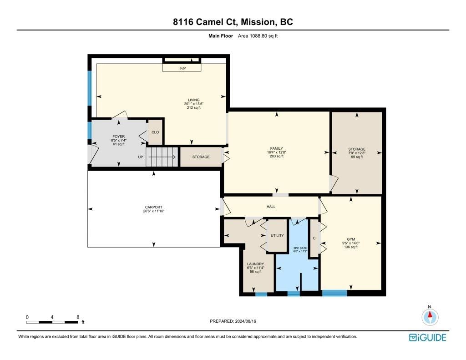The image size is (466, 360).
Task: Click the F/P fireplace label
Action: (183, 68)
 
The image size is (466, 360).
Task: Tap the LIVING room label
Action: (194, 100)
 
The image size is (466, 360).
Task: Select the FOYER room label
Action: (119, 137)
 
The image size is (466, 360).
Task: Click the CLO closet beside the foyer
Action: (155, 132)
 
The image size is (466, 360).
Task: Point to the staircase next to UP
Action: (162, 157)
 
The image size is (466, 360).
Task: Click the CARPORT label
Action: (154, 207)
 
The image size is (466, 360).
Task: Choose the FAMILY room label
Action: (276, 148)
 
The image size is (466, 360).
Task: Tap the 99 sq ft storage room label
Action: (357, 153)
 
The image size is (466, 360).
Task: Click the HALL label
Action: (271, 207)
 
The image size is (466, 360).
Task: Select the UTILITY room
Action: (277, 235)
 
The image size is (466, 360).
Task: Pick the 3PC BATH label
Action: (300, 248)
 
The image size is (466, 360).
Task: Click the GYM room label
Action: (351, 239)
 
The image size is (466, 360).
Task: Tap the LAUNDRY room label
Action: (256, 264)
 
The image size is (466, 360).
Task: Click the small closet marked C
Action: (314, 238)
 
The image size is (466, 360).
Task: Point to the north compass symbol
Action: (430, 317)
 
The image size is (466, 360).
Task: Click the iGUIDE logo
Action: (428, 337)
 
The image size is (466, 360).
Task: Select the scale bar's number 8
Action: (78, 317)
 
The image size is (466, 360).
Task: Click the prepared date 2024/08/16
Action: (245, 321)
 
